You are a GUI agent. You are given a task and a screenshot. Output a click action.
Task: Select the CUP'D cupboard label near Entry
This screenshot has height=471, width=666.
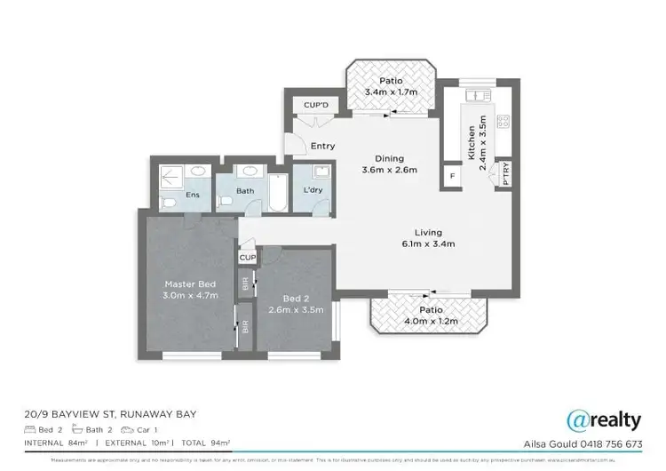tap(316, 105)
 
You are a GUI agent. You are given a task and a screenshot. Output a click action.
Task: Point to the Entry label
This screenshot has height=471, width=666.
tap(322, 147)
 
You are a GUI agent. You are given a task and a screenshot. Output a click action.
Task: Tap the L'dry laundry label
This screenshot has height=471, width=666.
tap(312, 191)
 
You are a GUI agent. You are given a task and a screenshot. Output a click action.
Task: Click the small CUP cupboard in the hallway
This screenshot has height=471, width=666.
tap(247, 257)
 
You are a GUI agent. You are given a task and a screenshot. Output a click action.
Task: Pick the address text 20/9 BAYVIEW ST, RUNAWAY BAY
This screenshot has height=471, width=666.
tap(110, 414)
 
